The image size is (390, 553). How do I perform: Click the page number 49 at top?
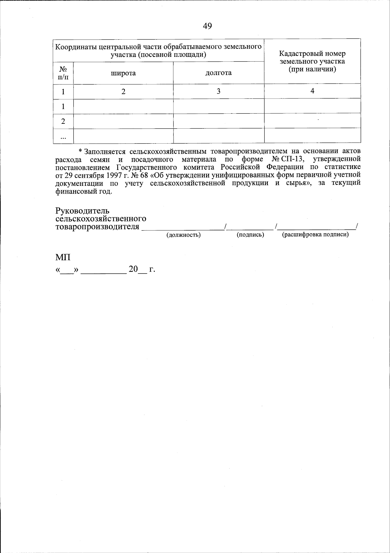(207, 26)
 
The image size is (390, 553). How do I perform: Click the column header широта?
(123, 73)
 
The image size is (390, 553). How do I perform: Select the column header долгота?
(218, 73)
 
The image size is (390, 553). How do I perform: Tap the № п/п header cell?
(63, 73)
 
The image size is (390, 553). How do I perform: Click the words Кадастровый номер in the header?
(312, 54)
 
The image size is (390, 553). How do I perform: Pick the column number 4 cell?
(312, 91)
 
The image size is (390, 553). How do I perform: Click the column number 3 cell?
(218, 91)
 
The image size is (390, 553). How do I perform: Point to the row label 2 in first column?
(63, 121)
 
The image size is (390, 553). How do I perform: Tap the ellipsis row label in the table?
(63, 137)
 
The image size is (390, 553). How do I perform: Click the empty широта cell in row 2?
(123, 121)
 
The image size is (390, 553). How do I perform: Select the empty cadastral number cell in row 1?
(312, 106)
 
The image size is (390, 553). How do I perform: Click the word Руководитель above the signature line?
(82, 211)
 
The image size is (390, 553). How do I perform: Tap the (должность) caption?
(183, 235)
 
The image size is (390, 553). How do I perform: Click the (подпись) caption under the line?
(250, 235)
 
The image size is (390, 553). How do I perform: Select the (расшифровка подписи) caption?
(315, 235)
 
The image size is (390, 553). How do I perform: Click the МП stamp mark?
(63, 257)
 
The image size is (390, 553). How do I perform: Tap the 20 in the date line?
(133, 269)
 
